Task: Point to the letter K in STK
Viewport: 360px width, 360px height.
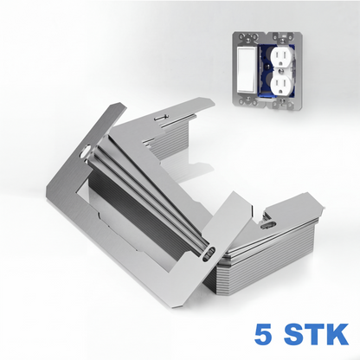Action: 337,334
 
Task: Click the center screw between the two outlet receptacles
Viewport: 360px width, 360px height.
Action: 281,69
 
